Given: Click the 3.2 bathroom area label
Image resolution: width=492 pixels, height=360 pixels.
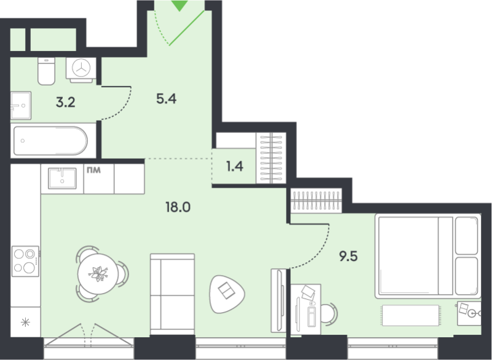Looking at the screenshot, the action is pyautogui.click(x=66, y=102).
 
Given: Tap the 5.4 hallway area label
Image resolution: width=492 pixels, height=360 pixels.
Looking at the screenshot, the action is pyautogui.click(x=166, y=99).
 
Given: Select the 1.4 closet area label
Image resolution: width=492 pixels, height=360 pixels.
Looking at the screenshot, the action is pyautogui.click(x=235, y=166).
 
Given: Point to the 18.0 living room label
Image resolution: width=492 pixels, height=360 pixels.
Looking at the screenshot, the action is pyautogui.click(x=178, y=207).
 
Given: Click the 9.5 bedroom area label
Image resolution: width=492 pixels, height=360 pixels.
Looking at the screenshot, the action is pyautogui.click(x=348, y=256).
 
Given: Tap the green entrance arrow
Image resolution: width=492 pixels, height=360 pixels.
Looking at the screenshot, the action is pyautogui.click(x=180, y=6).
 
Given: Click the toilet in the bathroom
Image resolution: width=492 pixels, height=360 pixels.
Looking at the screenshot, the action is pyautogui.click(x=47, y=71).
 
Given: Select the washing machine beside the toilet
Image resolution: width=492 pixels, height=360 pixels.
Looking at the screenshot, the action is pyautogui.click(x=81, y=70).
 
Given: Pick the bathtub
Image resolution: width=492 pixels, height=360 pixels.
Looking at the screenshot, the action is pyautogui.click(x=50, y=140).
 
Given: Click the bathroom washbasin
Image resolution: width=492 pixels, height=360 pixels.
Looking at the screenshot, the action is pyautogui.click(x=21, y=105).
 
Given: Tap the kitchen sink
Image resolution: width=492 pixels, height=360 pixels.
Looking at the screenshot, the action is pyautogui.click(x=62, y=178).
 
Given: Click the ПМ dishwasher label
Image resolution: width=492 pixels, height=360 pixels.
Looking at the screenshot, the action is pyautogui.click(x=93, y=170).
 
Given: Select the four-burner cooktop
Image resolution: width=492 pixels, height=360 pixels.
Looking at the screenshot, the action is pyautogui.click(x=25, y=261).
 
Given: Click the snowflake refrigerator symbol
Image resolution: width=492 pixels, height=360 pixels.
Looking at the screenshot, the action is pyautogui.click(x=25, y=322).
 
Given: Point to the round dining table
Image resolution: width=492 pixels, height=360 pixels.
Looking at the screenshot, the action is pyautogui.click(x=98, y=274).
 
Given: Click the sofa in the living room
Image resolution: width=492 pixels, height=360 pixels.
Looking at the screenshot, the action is pyautogui.click(x=172, y=294).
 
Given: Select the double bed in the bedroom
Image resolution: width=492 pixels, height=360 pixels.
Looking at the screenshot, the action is pyautogui.click(x=428, y=256).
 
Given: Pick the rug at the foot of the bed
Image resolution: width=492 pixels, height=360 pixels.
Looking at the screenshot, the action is pyautogui.click(x=410, y=315).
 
